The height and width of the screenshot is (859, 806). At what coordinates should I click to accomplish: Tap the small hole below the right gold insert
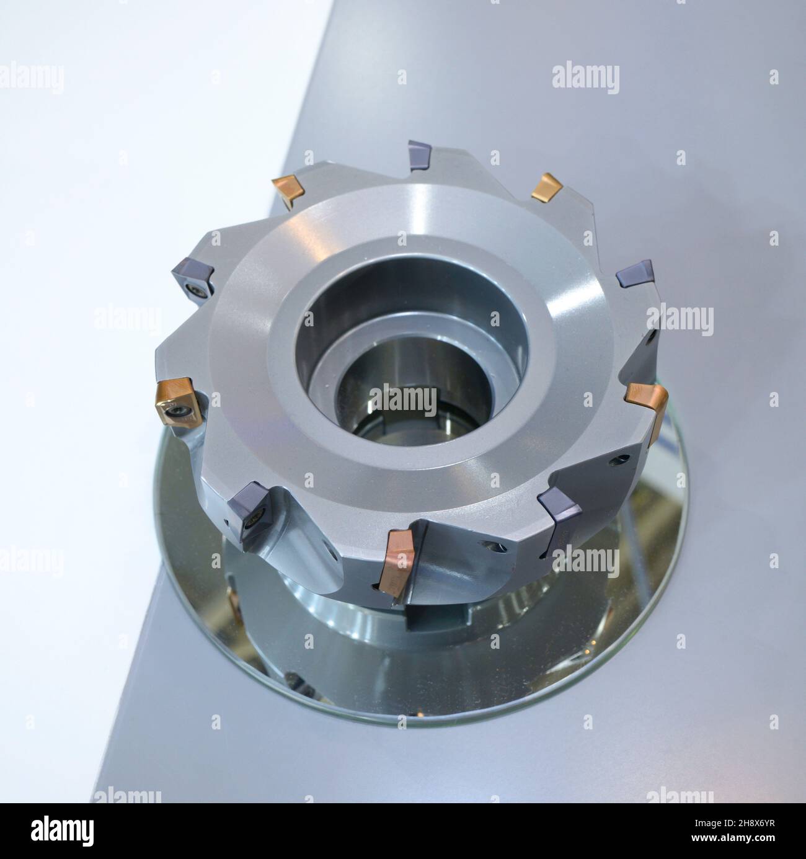click(615, 460)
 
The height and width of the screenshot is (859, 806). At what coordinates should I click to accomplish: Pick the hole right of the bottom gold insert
click(493, 546)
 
